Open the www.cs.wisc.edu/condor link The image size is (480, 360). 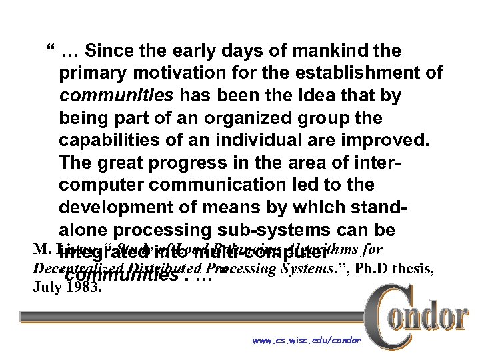coord(307,341)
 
